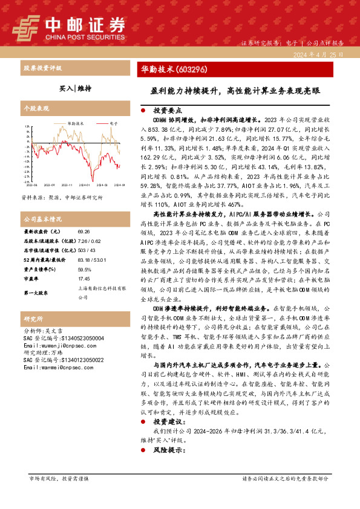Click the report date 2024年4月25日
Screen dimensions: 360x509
pos(320,54)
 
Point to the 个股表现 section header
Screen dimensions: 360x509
pos(35,109)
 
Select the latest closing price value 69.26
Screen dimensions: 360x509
pos(84,232)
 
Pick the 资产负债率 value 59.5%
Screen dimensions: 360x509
pos(85,270)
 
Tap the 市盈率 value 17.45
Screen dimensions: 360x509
pos(84,280)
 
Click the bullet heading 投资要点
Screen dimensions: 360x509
pos(168,111)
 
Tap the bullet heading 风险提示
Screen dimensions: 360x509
pos(168,451)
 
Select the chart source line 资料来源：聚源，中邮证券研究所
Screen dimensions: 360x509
pos(62,198)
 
